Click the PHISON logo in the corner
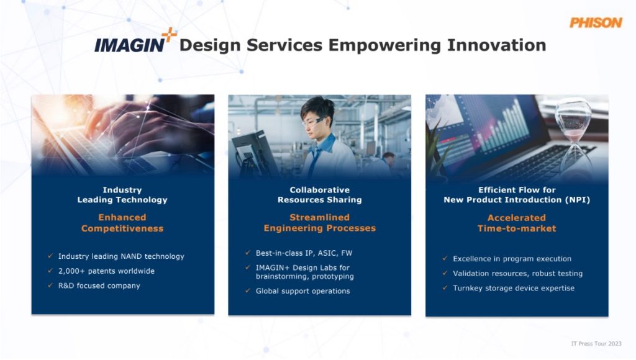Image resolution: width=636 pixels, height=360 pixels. [x=595, y=22]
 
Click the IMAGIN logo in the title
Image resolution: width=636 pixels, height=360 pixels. [x=129, y=45]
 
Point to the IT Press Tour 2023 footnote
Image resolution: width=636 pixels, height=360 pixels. [x=596, y=343]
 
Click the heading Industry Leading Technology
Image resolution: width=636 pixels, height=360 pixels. [x=122, y=195]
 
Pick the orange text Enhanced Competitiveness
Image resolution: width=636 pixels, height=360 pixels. [x=122, y=223]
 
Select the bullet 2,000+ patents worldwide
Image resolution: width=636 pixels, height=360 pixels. [x=106, y=271]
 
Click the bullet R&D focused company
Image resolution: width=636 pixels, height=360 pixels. [x=99, y=286]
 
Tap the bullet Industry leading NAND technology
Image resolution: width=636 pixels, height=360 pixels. [x=121, y=256]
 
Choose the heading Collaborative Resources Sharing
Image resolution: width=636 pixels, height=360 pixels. [x=319, y=195]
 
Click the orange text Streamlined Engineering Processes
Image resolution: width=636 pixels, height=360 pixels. [x=319, y=223]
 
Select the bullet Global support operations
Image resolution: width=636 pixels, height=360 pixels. [x=302, y=291]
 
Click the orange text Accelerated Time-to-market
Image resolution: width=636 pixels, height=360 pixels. [x=516, y=223]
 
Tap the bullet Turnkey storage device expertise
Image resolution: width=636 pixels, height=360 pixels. [x=514, y=288]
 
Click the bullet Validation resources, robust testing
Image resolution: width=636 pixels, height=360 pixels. [x=517, y=273]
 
